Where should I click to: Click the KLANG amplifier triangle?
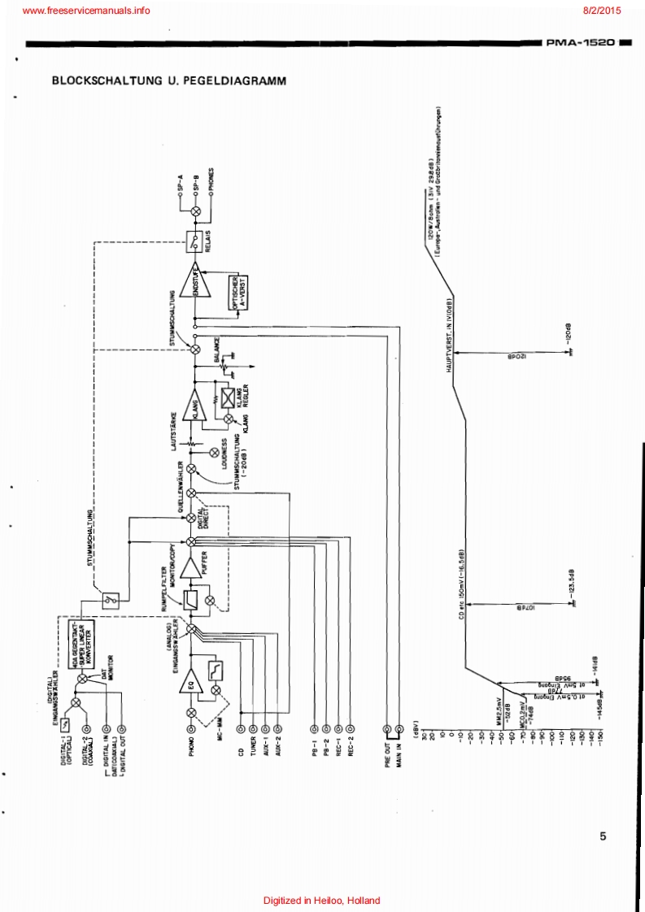pos(195,404)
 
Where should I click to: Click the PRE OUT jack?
pos(387,730)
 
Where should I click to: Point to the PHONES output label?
pos(211,178)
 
